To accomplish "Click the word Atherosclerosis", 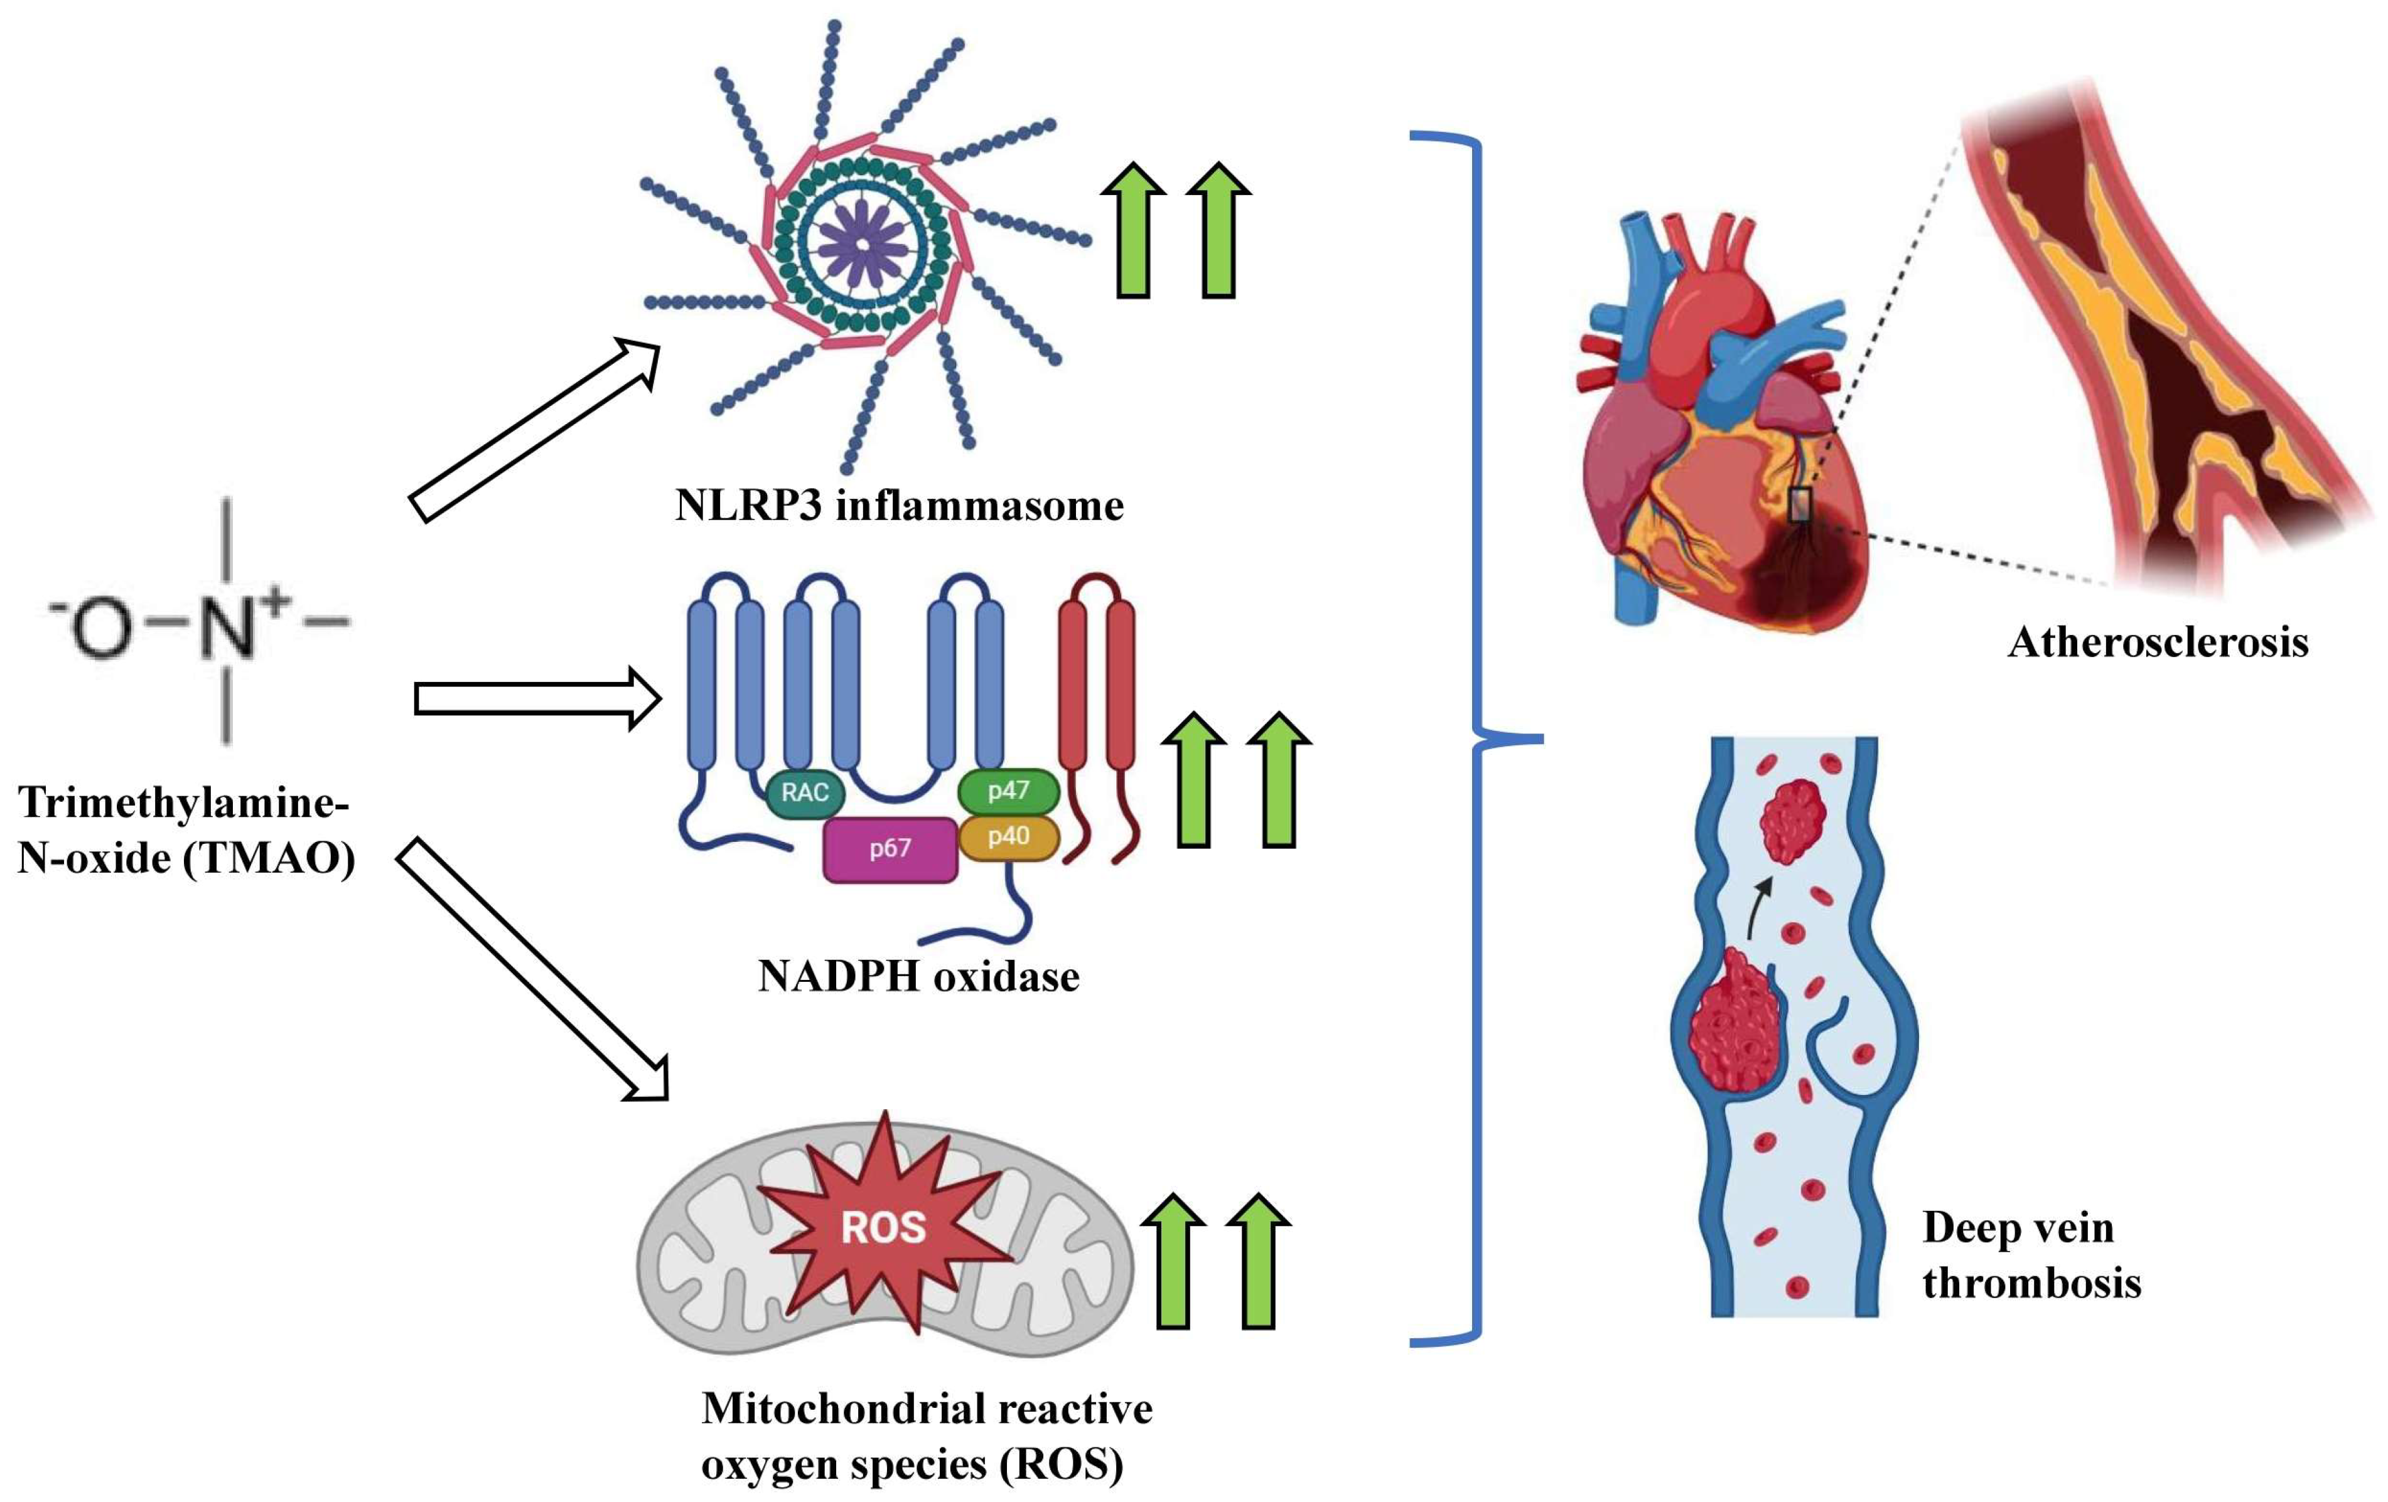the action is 2158,642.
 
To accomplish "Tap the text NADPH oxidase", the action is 918,976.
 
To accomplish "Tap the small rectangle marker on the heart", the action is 1800,506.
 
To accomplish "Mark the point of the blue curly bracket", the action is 1541,738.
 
